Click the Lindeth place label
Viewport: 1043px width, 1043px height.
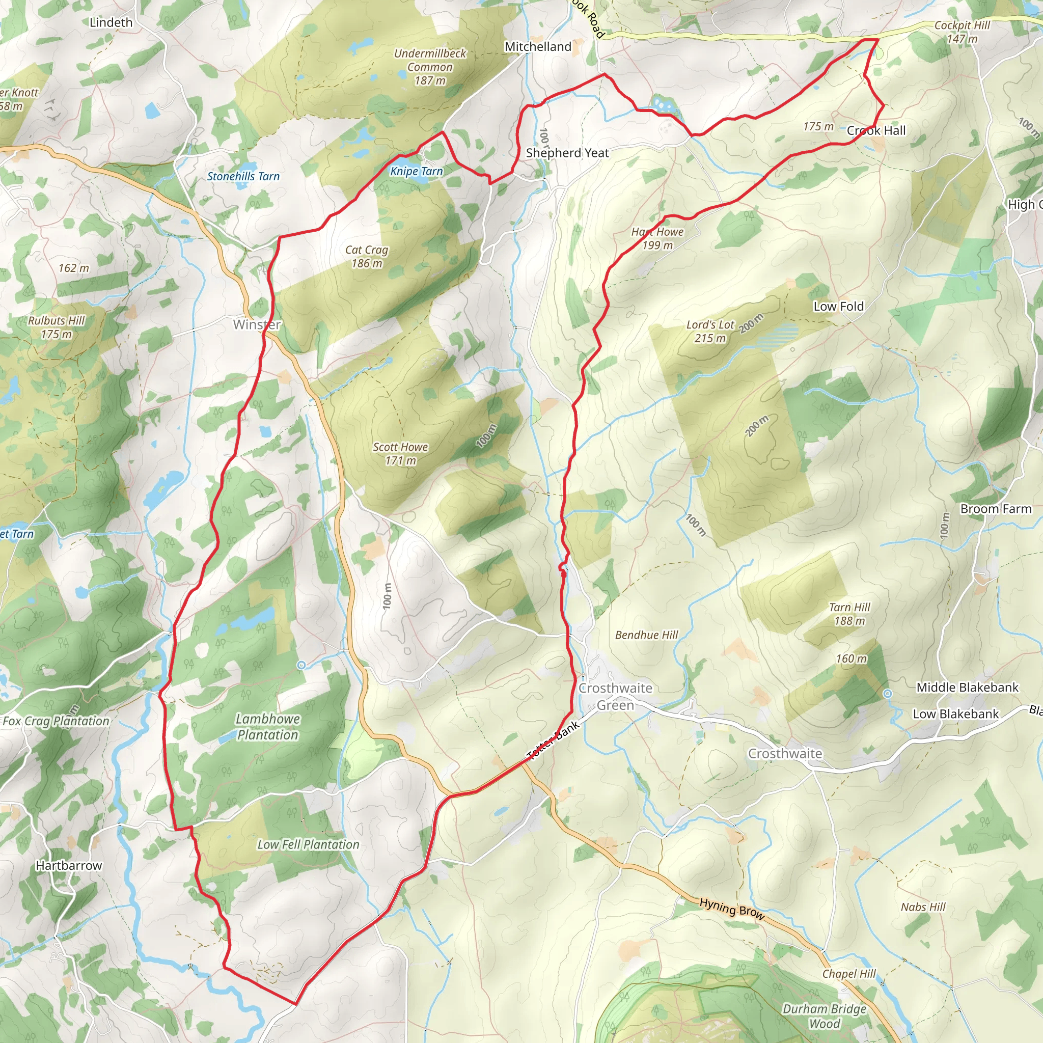[x=111, y=23]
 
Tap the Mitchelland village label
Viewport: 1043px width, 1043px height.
[x=538, y=47]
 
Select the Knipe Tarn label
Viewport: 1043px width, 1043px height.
[x=416, y=172]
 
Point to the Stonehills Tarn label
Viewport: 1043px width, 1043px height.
[x=243, y=177]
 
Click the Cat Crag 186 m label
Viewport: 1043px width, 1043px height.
[x=367, y=257]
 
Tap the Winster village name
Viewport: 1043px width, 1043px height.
[x=257, y=324]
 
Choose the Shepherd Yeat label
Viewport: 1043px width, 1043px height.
[x=567, y=153]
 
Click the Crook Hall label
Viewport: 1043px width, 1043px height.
[x=876, y=131]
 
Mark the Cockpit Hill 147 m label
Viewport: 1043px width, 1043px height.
[x=962, y=32]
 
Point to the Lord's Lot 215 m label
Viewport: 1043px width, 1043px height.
[x=710, y=332]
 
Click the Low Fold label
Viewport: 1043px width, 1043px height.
[x=838, y=307]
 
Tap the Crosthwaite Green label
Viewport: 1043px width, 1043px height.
[x=615, y=696]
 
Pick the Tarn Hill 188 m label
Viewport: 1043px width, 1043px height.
[x=850, y=614]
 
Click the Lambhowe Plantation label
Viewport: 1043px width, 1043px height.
[x=268, y=727]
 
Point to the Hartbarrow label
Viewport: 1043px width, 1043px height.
[x=69, y=865]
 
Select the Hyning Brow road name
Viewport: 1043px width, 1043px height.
[x=731, y=909]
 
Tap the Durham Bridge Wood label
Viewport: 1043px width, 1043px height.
[x=825, y=1016]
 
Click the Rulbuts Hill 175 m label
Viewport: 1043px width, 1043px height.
[x=57, y=327]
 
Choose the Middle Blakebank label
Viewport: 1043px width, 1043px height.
[x=968, y=687]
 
